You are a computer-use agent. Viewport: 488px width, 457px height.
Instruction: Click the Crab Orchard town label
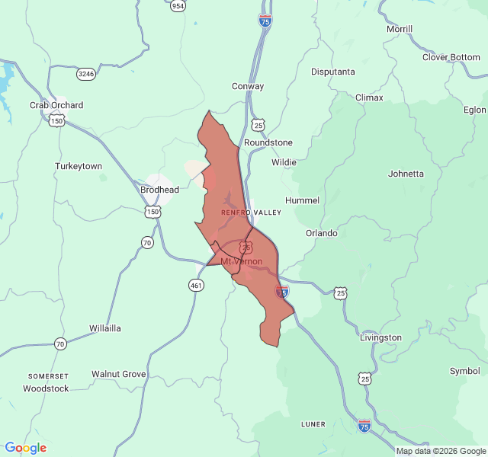tap(56, 105)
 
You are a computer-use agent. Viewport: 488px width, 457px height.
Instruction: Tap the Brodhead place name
tap(160, 190)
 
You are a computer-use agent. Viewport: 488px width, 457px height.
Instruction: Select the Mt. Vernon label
tap(242, 261)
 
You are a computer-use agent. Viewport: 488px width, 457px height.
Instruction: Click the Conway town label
tap(248, 86)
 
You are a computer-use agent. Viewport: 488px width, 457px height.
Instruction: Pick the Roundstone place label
tap(268, 142)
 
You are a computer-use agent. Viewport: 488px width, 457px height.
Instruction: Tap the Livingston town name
tap(380, 337)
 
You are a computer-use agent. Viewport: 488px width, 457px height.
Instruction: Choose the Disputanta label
tap(333, 72)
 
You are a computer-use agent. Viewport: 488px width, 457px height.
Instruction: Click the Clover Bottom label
tap(451, 57)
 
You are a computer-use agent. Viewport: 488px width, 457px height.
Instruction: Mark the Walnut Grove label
tap(118, 374)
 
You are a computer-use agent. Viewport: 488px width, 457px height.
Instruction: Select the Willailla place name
tap(105, 328)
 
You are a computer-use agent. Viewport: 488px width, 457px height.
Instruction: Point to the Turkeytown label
tap(79, 166)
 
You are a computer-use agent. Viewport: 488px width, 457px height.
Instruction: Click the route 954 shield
tap(178, 6)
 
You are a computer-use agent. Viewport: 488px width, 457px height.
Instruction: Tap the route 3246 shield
tap(86, 74)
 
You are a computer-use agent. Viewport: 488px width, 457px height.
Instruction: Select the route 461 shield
tap(197, 285)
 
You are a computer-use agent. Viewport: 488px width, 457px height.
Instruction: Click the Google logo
tap(25, 448)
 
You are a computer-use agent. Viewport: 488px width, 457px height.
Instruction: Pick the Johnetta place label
tap(406, 174)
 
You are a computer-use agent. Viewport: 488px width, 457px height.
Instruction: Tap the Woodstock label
tap(46, 388)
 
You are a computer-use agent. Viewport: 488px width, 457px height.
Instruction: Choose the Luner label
tap(313, 424)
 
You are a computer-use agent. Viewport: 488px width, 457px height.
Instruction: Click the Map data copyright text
tap(440, 451)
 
